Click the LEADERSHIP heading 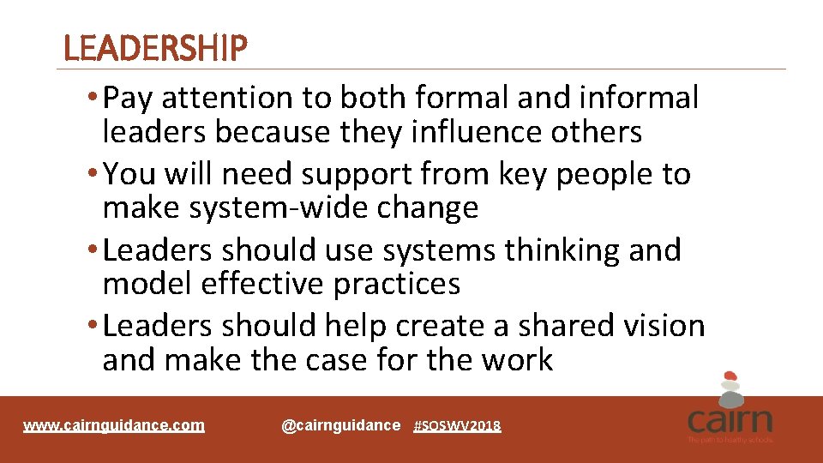click(155, 49)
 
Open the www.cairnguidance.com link click(114, 425)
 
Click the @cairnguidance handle click(340, 425)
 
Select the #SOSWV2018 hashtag click(457, 426)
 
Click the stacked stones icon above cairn click(730, 388)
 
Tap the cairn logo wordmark click(730, 420)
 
